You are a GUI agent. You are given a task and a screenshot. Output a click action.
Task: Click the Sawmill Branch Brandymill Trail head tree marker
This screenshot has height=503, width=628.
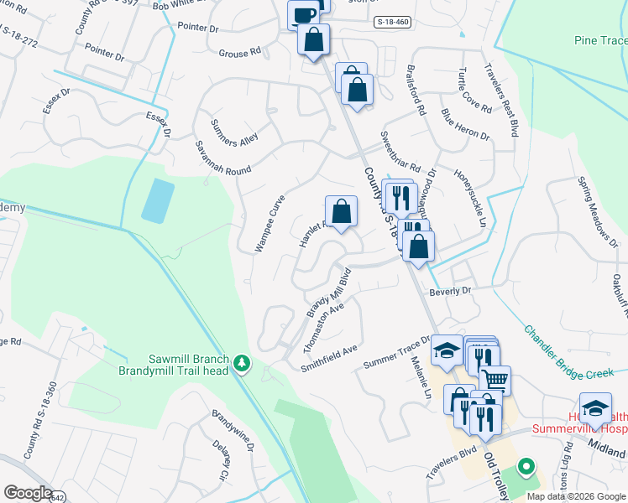(243, 362)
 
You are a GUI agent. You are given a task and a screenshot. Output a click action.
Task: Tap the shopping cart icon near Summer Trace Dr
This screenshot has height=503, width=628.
(495, 381)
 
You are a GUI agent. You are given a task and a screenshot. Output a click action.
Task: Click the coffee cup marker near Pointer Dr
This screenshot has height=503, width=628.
(302, 14)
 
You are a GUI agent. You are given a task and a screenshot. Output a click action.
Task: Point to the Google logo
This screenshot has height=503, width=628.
(28, 493)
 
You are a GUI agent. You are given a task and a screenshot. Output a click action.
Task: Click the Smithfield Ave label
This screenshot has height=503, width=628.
(329, 356)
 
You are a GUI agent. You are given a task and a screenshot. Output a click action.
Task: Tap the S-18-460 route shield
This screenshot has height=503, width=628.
(393, 22)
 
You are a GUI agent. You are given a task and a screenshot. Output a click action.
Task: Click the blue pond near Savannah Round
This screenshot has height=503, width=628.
(158, 200)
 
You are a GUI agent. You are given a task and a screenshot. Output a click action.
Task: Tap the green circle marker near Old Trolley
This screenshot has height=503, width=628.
(526, 465)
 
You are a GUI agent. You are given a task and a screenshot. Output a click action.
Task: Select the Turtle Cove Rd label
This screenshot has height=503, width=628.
(475, 90)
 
